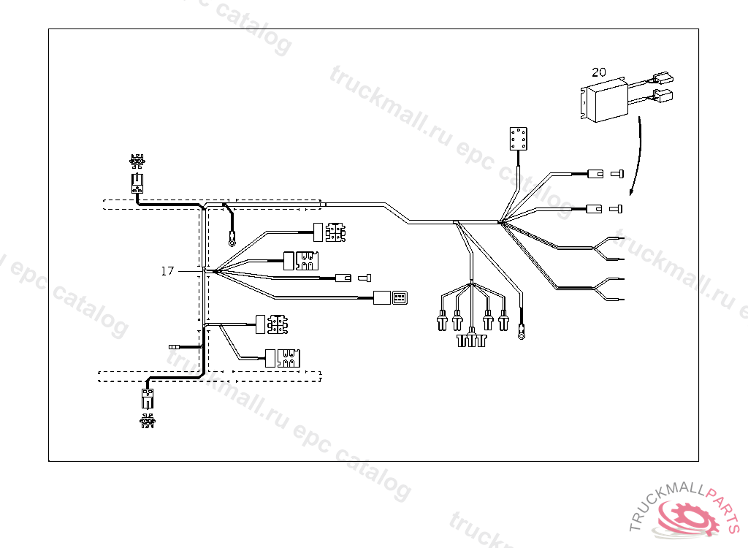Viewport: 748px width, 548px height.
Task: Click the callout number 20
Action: pos(599,72)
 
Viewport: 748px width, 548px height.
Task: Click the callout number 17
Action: pos(168,271)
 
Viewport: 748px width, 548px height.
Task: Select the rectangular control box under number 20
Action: pos(605,103)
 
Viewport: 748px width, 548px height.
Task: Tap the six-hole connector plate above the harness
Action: pos(518,139)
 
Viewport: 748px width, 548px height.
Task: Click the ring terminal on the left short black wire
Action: pos(232,237)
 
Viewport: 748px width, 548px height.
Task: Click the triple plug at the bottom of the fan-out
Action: pos(472,340)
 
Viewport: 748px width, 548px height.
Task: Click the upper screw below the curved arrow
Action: pos(616,174)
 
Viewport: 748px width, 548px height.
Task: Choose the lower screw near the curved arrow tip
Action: pos(616,210)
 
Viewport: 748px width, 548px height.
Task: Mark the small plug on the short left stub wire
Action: pos(174,347)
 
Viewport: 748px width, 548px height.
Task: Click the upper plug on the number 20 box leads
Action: pos(664,78)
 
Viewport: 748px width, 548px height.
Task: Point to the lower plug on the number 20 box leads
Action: pos(665,96)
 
